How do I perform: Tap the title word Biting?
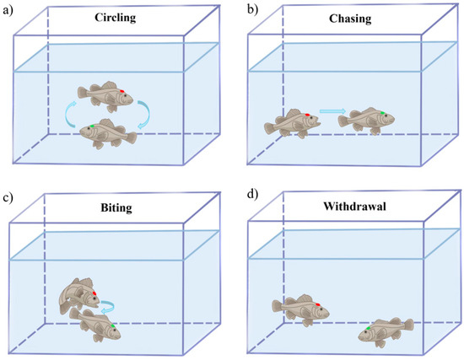click(109, 202)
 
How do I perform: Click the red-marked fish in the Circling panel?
click(104, 95)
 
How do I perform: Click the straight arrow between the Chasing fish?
click(332, 110)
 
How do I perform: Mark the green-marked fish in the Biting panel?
click(94, 324)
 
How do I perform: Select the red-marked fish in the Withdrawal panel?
click(300, 309)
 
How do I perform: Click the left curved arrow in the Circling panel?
click(69, 115)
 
